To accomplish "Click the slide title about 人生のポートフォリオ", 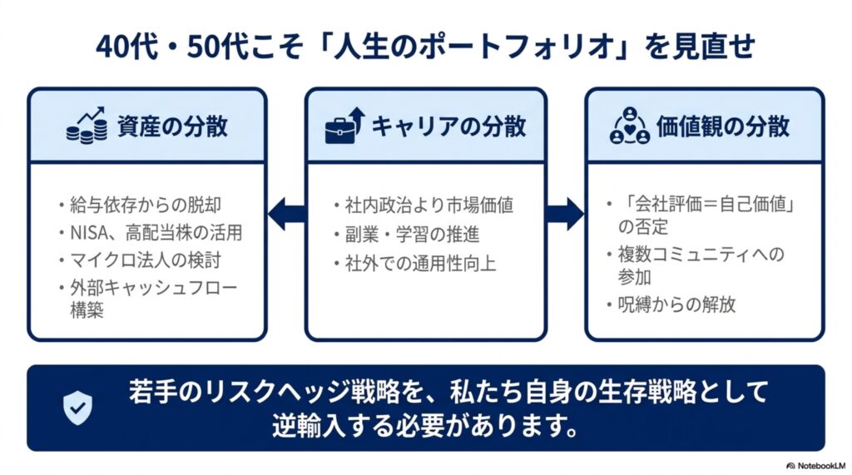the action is [425, 47].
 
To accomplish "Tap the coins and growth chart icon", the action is [87, 126].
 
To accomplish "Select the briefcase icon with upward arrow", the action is [344, 126].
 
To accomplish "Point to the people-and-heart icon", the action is [630, 126].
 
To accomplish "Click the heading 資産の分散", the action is [172, 126].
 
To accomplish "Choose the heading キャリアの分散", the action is [448, 126].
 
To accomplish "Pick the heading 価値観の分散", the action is [723, 126].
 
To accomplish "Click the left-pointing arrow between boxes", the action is [286, 214].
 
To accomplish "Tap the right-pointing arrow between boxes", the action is [565, 214].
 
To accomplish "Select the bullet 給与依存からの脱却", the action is [146, 205].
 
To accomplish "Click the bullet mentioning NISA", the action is [156, 233].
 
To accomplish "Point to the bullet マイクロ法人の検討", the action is [146, 260].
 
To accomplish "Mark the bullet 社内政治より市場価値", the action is [429, 205].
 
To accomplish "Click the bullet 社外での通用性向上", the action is [420, 265].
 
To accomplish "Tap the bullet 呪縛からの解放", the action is [677, 304].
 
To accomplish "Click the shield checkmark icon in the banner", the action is [77, 408].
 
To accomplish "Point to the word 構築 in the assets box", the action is [87, 309].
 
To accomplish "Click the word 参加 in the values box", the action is [634, 277].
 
